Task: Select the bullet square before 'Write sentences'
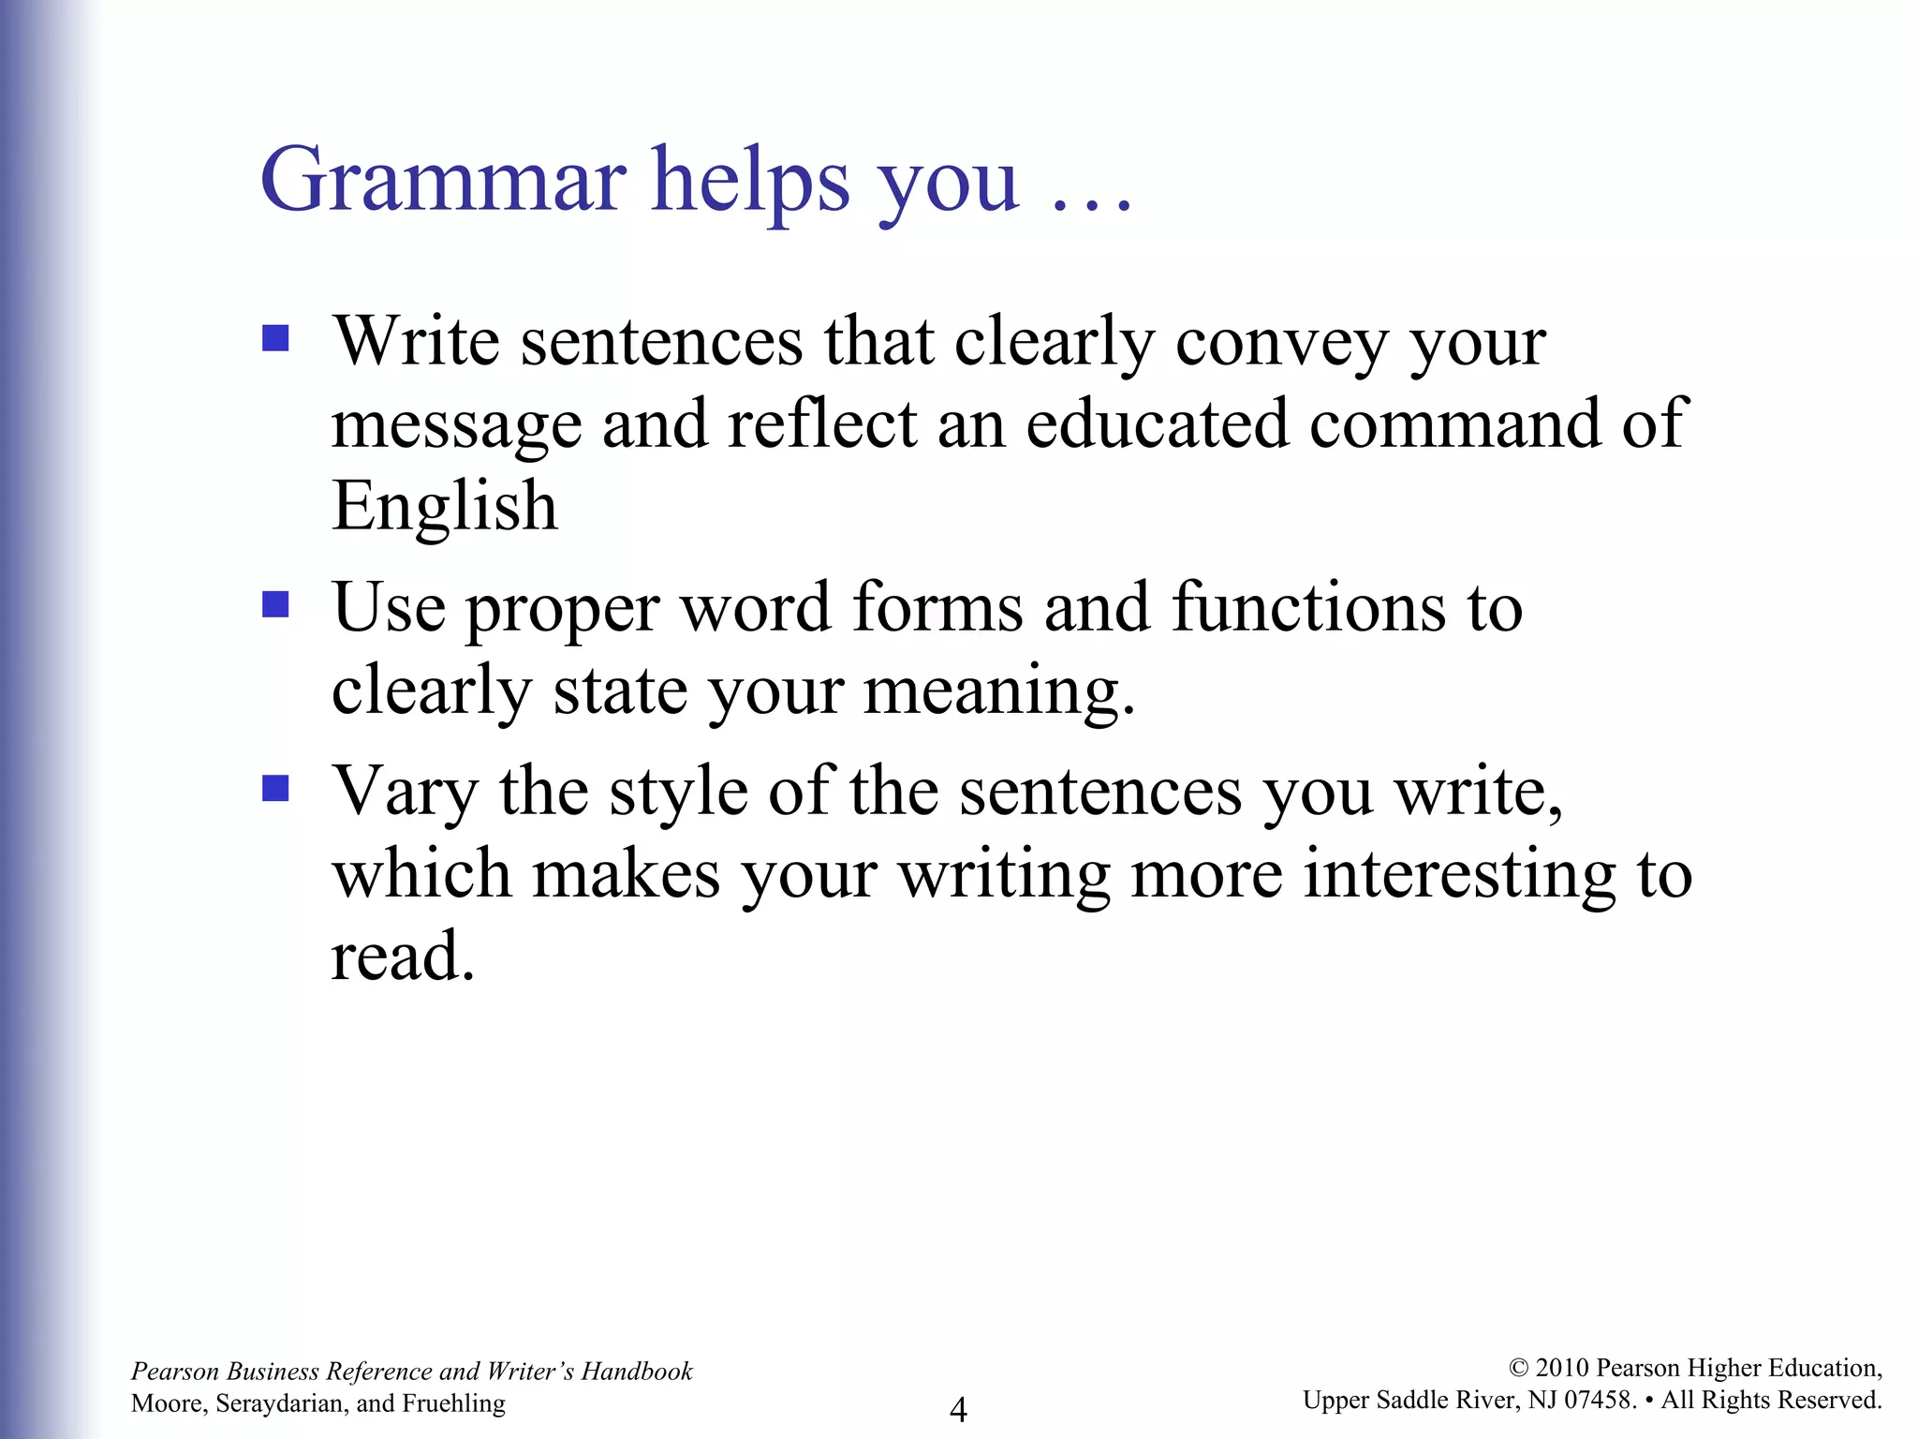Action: pos(275,337)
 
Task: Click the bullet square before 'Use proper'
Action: pos(275,604)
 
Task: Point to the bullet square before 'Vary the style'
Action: pos(275,788)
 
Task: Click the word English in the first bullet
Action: pos(445,506)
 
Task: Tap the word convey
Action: pos(1282,343)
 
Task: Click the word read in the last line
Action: pos(403,957)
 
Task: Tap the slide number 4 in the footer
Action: pos(958,1408)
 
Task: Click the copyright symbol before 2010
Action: pos(1519,1369)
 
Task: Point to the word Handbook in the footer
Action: pos(637,1372)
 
